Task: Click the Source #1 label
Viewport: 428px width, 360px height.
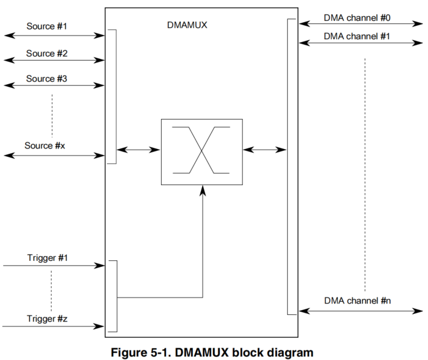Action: tap(46, 26)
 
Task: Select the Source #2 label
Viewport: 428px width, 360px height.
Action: tap(46, 53)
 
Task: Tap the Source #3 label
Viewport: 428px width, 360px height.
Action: tap(46, 79)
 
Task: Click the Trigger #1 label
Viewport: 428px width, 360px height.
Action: tap(47, 257)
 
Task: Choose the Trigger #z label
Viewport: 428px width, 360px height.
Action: tap(47, 318)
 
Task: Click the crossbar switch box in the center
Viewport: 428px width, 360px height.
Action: tap(202, 151)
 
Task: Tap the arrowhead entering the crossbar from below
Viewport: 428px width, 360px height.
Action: tap(203, 189)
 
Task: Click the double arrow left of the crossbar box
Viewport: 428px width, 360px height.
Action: tap(139, 148)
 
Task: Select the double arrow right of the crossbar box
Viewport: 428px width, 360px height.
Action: tap(265, 148)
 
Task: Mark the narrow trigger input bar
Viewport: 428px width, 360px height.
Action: tap(112, 296)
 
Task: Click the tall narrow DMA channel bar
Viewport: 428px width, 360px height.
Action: tap(292, 166)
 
